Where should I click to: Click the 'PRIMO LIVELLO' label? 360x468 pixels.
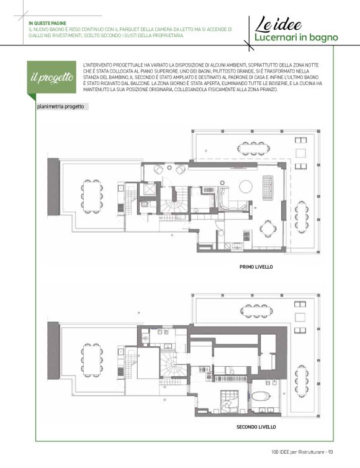pyautogui.click(x=256, y=267)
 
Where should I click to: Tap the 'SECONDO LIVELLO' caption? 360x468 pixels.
pyautogui.click(x=256, y=427)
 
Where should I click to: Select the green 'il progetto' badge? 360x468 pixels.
pyautogui.click(x=52, y=78)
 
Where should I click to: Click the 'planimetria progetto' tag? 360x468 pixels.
pyautogui.click(x=61, y=107)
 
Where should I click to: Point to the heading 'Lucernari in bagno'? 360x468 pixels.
pyautogui.click(x=296, y=38)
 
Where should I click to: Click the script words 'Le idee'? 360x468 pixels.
pyautogui.click(x=278, y=24)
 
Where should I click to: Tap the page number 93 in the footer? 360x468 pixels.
pyautogui.click(x=330, y=452)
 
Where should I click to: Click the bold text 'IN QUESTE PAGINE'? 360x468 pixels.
pyautogui.click(x=47, y=24)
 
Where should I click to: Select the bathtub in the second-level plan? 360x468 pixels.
pyautogui.click(x=261, y=397)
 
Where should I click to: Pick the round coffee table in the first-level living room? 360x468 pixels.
pyautogui.click(x=246, y=187)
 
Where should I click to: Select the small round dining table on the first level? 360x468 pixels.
pyautogui.click(x=266, y=228)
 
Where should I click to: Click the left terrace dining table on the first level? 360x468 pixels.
pyautogui.click(x=92, y=196)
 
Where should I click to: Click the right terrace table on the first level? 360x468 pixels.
pyautogui.click(x=302, y=217)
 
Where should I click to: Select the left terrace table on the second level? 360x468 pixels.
pyautogui.click(x=92, y=359)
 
